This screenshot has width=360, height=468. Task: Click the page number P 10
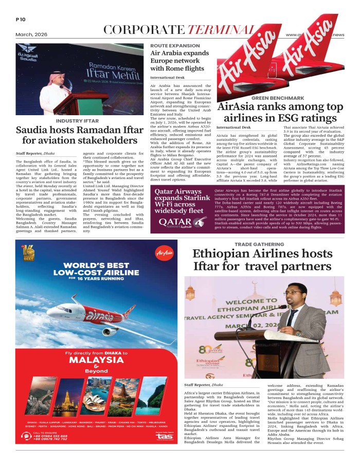[21, 20]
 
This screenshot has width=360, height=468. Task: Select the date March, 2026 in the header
[31, 34]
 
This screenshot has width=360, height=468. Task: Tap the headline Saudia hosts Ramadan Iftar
[77, 135]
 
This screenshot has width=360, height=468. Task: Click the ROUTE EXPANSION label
[175, 46]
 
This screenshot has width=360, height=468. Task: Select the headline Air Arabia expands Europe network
[177, 61]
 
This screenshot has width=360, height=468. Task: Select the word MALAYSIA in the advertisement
[96, 362]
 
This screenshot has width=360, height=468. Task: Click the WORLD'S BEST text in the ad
[96, 264]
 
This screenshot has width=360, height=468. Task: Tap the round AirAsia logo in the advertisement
[164, 253]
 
